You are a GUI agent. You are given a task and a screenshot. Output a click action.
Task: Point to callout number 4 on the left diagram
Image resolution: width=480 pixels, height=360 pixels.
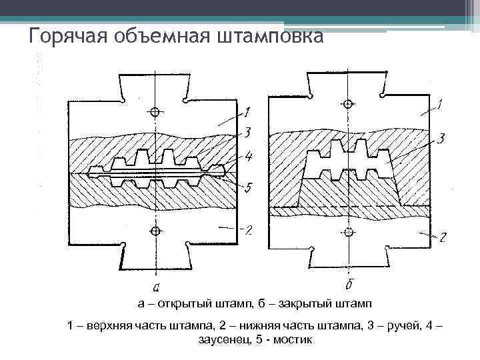(x=247, y=158)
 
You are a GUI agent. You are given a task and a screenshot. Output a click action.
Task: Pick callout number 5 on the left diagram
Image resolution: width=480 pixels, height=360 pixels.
(x=247, y=188)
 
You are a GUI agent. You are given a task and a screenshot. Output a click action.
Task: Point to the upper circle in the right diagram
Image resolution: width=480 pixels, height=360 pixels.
(x=348, y=104)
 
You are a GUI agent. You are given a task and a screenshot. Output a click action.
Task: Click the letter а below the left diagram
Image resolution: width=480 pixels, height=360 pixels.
(x=155, y=288)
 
